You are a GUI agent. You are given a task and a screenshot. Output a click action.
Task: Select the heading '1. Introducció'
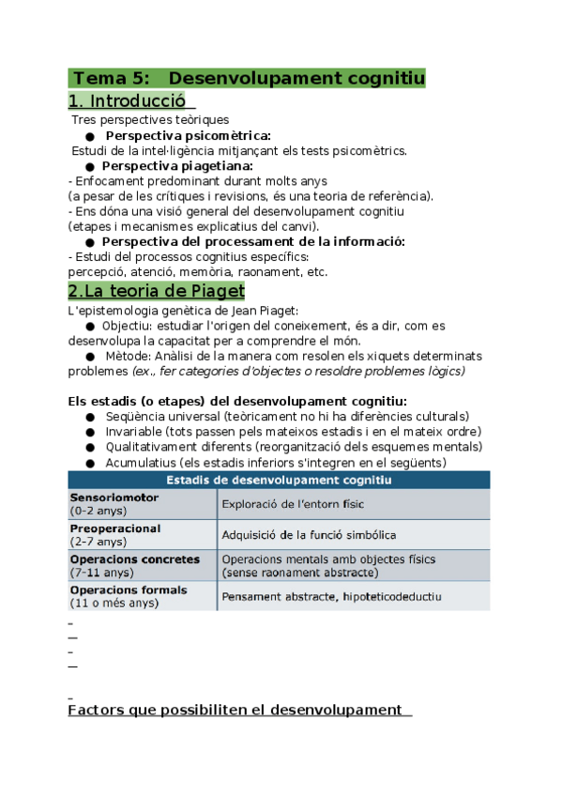[x=128, y=100]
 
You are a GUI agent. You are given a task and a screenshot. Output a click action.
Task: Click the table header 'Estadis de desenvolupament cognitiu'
[x=278, y=480]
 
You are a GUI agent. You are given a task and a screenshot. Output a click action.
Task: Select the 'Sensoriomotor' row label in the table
[x=114, y=497]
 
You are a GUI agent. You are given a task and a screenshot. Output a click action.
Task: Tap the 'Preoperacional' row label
[x=115, y=528]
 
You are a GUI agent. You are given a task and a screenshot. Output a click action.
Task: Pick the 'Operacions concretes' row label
[x=135, y=559]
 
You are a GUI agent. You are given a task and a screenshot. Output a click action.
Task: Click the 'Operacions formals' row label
[x=129, y=590]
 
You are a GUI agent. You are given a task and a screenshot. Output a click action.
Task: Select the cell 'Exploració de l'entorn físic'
[x=293, y=504]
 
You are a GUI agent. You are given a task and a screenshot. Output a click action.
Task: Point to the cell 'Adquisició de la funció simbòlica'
[x=309, y=535]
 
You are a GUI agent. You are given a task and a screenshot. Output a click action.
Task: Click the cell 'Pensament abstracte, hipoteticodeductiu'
[x=331, y=596]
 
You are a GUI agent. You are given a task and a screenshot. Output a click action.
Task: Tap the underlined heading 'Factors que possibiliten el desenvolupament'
[x=235, y=710]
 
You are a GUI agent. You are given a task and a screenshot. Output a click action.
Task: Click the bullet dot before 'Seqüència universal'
[x=89, y=417]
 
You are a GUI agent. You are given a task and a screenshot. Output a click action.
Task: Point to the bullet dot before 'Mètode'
[x=89, y=357]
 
